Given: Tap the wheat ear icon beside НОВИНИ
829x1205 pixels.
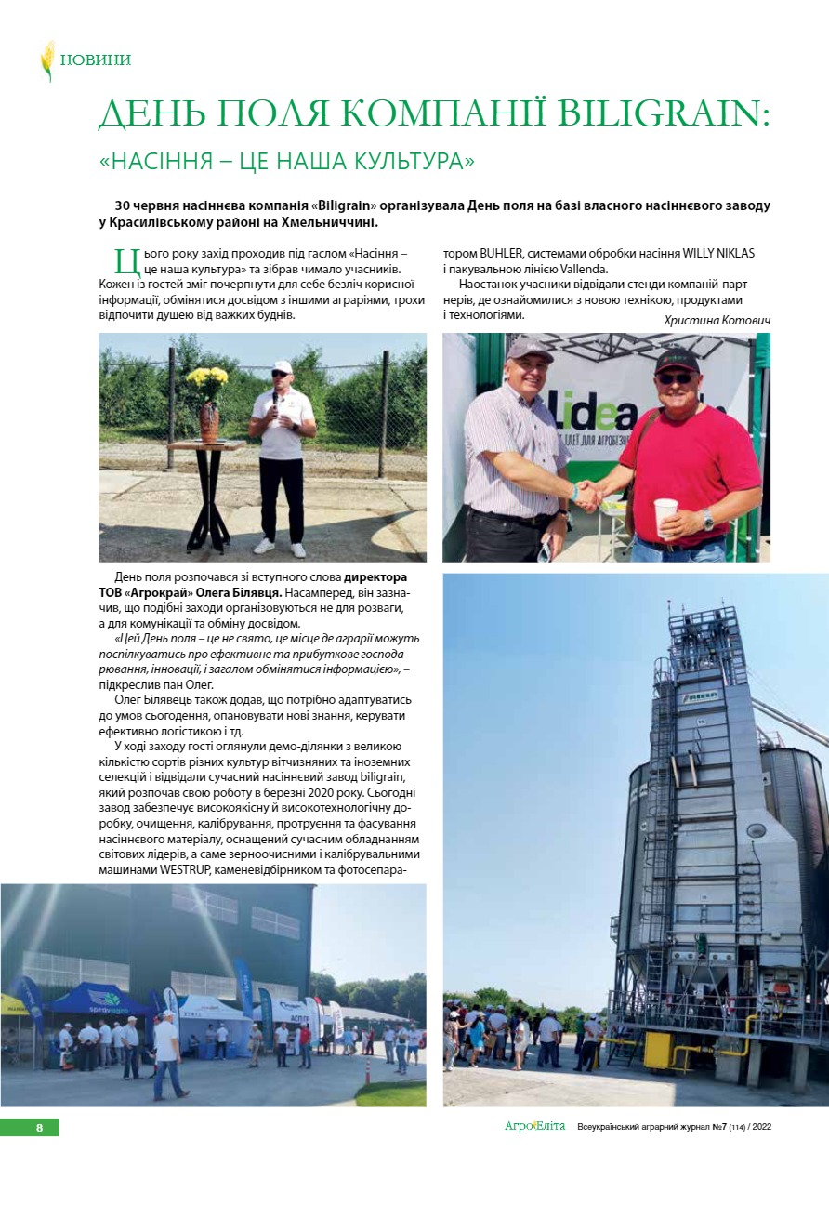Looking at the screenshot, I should coord(47,60).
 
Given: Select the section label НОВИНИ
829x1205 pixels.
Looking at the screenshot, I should coord(95,60).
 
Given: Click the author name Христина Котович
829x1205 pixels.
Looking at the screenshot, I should coord(717,320).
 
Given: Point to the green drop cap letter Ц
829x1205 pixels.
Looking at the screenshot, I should coord(122,260).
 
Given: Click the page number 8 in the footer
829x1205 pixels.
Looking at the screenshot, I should coord(39,1128).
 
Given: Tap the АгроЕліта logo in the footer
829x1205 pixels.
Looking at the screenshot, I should coord(534,1127).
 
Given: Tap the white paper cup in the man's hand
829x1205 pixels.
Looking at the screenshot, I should coord(665,514).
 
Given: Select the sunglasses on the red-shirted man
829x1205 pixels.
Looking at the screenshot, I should coord(675,378).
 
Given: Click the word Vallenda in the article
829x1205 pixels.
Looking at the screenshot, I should coord(585,269).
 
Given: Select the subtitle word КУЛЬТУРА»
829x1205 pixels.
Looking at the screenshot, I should coord(407,161).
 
